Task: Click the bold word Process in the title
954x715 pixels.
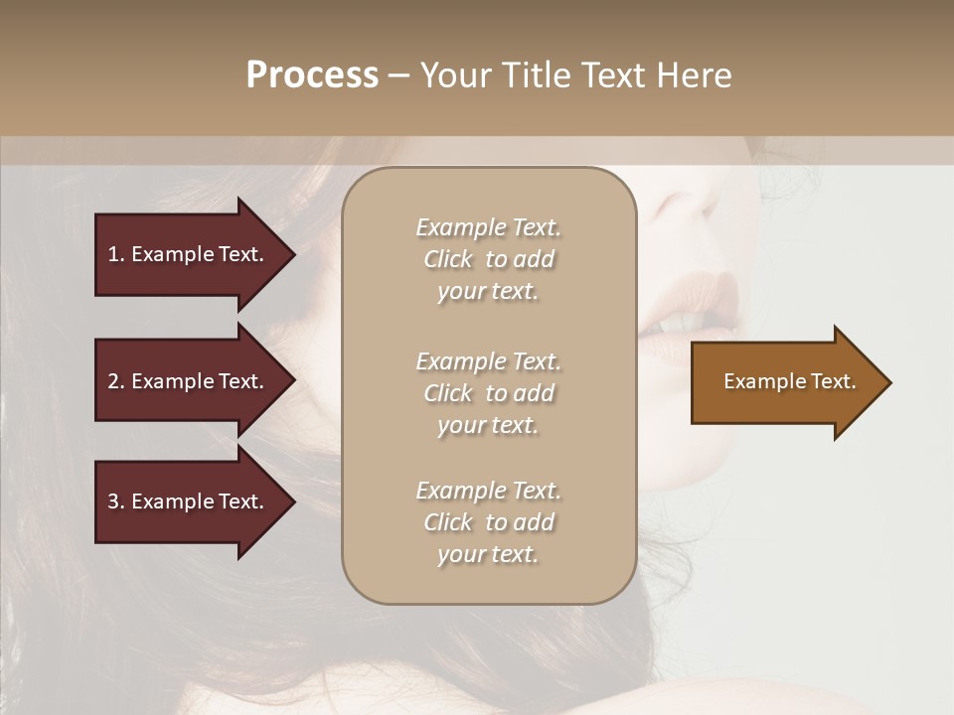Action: click(x=312, y=75)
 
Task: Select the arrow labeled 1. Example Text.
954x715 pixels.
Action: click(x=189, y=254)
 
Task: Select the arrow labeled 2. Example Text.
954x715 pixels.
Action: click(x=189, y=381)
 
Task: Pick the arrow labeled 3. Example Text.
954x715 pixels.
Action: click(x=189, y=501)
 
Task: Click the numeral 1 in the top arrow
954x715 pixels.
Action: click(x=113, y=254)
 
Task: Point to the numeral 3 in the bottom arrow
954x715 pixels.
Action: click(x=113, y=501)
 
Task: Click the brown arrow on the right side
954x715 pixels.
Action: click(x=785, y=382)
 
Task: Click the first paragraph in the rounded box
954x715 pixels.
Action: click(x=488, y=259)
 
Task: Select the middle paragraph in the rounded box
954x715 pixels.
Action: click(x=488, y=393)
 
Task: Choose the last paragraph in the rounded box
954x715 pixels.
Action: click(x=488, y=522)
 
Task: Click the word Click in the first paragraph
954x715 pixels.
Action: click(x=447, y=259)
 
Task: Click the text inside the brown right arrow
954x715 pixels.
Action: click(x=789, y=381)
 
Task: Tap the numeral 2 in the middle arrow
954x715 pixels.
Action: click(x=113, y=381)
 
